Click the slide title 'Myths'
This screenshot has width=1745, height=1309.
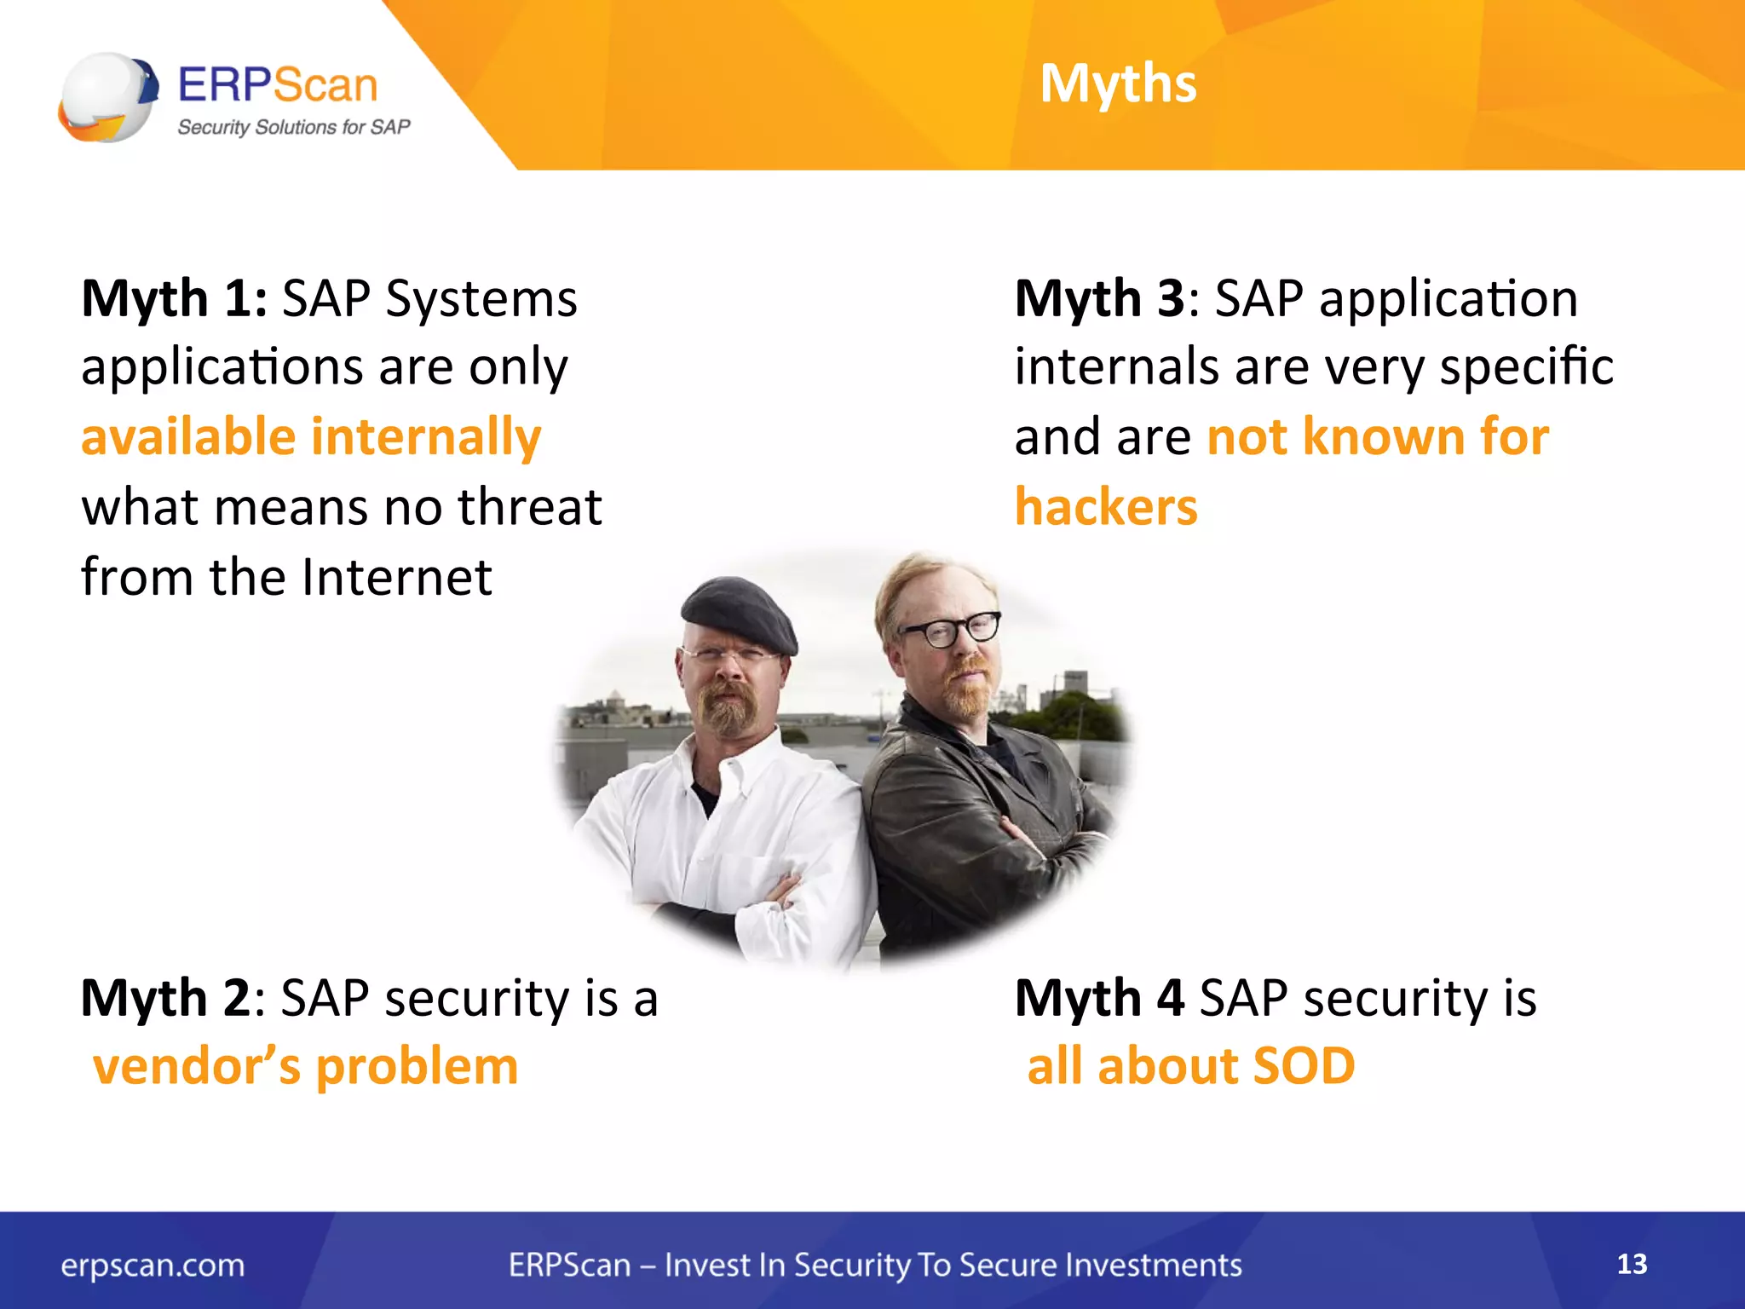pyautogui.click(x=1118, y=84)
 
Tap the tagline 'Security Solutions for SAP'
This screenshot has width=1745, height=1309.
pyautogui.click(x=293, y=127)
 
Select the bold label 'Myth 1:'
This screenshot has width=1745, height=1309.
pyautogui.click(x=174, y=299)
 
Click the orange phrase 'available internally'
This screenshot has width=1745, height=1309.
pyautogui.click(x=311, y=436)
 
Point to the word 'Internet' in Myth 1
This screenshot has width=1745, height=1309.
pyautogui.click(x=397, y=577)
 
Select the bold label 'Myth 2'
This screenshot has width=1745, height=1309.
pyautogui.click(x=165, y=998)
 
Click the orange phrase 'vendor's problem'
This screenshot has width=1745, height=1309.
pyautogui.click(x=306, y=1066)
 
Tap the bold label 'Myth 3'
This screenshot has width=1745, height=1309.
pyautogui.click(x=1099, y=299)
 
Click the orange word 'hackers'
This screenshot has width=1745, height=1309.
pyautogui.click(x=1106, y=507)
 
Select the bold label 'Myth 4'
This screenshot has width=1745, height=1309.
pyautogui.click(x=1099, y=998)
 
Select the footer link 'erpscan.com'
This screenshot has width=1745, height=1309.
pyautogui.click(x=153, y=1265)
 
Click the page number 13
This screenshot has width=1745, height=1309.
pyautogui.click(x=1632, y=1264)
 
